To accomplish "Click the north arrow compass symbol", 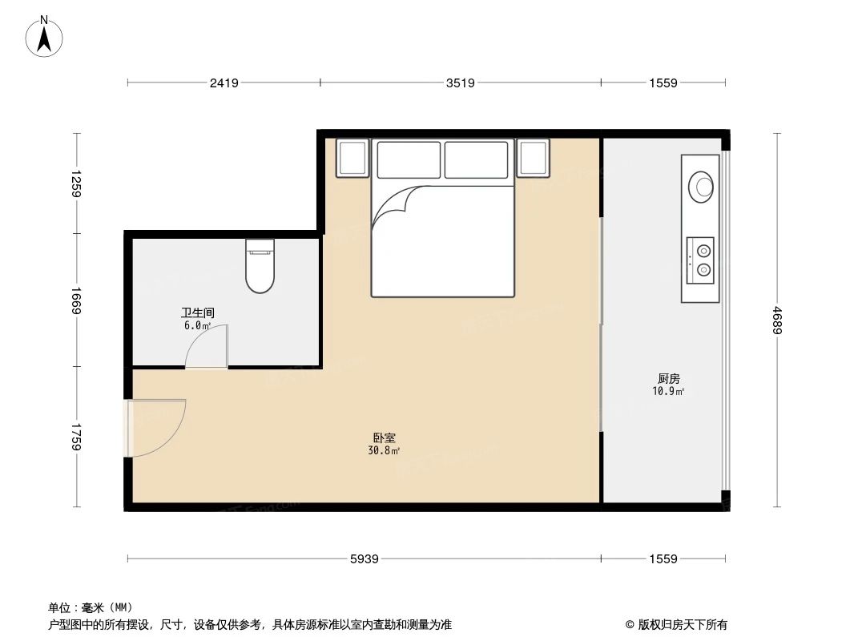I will click(46, 37).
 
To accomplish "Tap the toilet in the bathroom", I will click(260, 266).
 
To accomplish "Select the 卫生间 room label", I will click(197, 313).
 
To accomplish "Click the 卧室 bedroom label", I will click(384, 438).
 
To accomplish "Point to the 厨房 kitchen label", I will click(669, 379).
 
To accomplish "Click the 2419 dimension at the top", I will click(224, 83).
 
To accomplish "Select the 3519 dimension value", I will click(461, 83).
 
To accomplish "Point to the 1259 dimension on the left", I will click(77, 183).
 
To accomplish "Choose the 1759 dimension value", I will click(77, 437).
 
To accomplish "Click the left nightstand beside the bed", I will click(352, 159).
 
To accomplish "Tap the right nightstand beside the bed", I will click(533, 159).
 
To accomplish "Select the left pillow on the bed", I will click(409, 159).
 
